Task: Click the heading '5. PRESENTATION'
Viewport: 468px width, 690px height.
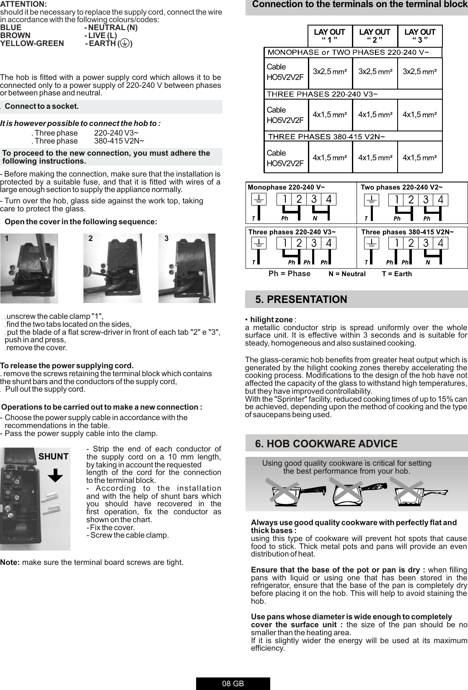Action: click(301, 300)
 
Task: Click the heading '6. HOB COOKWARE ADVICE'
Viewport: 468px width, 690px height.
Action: click(326, 444)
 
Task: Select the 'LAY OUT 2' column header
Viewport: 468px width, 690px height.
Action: click(375, 36)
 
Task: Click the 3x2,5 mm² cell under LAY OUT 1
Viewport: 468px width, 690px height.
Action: click(330, 71)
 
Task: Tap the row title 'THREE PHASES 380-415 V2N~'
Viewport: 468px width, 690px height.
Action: click(326, 136)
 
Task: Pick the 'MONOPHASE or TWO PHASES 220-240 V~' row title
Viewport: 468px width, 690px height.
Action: click(348, 52)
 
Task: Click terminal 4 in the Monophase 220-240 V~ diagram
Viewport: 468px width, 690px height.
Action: click(328, 200)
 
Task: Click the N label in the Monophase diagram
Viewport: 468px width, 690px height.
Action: click(315, 218)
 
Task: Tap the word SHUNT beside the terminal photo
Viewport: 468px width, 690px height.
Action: click(54, 457)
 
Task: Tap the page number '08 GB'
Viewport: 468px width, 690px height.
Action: click(233, 684)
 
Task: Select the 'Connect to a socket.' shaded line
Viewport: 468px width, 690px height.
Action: click(42, 106)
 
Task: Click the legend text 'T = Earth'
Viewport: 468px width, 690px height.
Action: click(397, 274)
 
